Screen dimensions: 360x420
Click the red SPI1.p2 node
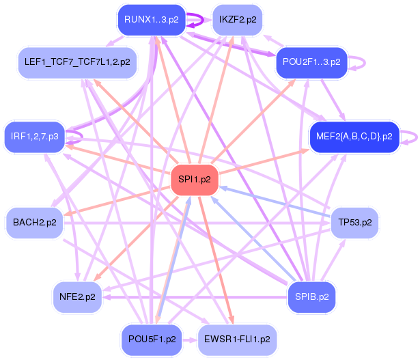click(x=194, y=180)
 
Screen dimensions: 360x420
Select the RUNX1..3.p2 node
click(x=151, y=20)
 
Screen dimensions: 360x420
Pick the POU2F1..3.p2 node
click(x=312, y=62)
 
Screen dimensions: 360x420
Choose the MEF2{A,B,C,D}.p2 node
click(x=354, y=136)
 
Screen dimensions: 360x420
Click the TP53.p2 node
click(x=354, y=223)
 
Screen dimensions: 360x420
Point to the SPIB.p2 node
click(x=312, y=296)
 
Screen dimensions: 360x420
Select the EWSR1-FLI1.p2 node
click(x=237, y=339)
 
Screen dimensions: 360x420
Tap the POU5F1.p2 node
click(x=151, y=339)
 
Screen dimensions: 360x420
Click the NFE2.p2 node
click(x=76, y=296)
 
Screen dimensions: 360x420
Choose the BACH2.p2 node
click(x=34, y=223)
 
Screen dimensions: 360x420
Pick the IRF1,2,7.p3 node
click(x=34, y=137)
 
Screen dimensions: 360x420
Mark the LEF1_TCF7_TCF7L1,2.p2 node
click(x=76, y=62)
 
